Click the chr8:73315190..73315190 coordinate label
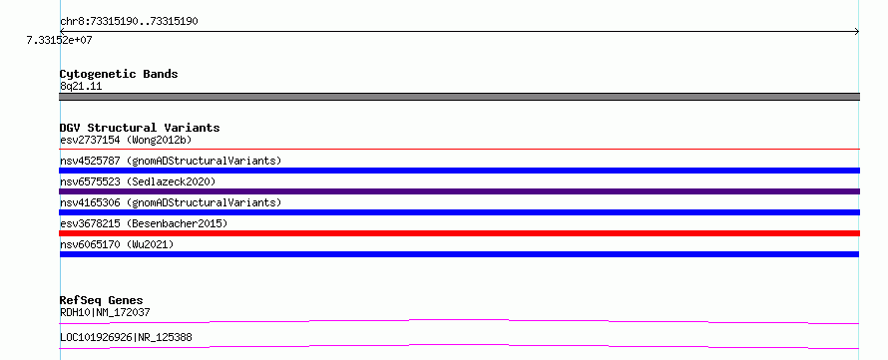click(129, 22)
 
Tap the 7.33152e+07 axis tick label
click(59, 40)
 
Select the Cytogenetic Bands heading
click(119, 74)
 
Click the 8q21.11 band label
click(81, 87)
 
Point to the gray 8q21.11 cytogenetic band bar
click(459, 97)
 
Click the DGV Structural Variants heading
click(140, 129)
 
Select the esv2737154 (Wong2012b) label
click(128, 140)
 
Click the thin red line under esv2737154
click(459, 149)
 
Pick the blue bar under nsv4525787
click(459, 171)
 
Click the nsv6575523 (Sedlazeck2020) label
click(138, 181)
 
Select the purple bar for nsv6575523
click(459, 191)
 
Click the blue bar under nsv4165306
click(459, 212)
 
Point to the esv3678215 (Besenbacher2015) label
click(144, 223)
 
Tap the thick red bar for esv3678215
click(459, 233)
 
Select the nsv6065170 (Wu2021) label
click(117, 244)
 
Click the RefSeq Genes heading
click(102, 300)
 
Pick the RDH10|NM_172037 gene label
click(105, 312)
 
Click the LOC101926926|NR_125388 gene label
click(126, 337)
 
